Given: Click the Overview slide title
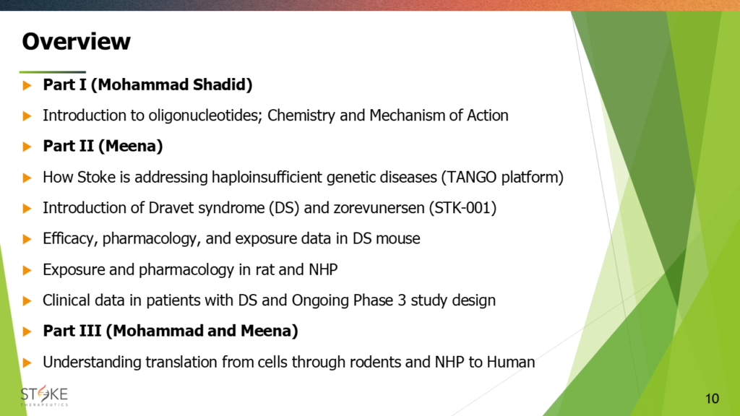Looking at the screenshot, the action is pos(76,41).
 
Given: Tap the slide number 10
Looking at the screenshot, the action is pos(712,399).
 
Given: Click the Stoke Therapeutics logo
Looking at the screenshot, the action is pos(44,395).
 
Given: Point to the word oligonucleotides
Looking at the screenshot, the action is pos(205,116).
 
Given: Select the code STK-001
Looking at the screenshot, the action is pos(462,208).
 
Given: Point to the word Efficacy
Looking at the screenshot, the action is pos(70,239).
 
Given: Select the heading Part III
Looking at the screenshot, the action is pos(72,331).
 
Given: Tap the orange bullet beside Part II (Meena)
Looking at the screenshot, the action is pos(27,147).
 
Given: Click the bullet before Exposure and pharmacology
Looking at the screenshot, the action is pos(27,270).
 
